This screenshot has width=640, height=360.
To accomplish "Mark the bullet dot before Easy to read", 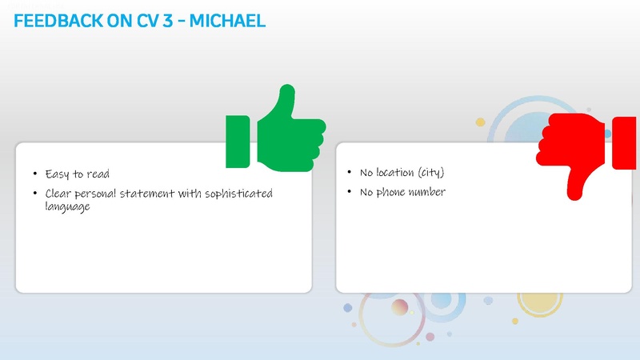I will pyautogui.click(x=34, y=174).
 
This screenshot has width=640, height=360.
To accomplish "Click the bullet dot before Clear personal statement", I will pyautogui.click(x=34, y=194).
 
